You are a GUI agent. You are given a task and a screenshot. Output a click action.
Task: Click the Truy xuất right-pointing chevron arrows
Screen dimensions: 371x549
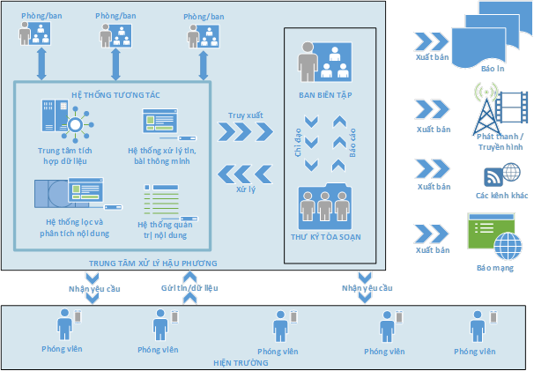(x=247, y=130)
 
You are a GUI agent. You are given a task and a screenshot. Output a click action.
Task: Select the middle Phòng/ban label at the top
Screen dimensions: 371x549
(x=116, y=15)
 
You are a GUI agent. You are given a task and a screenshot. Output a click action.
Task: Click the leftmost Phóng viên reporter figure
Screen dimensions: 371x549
(x=64, y=325)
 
